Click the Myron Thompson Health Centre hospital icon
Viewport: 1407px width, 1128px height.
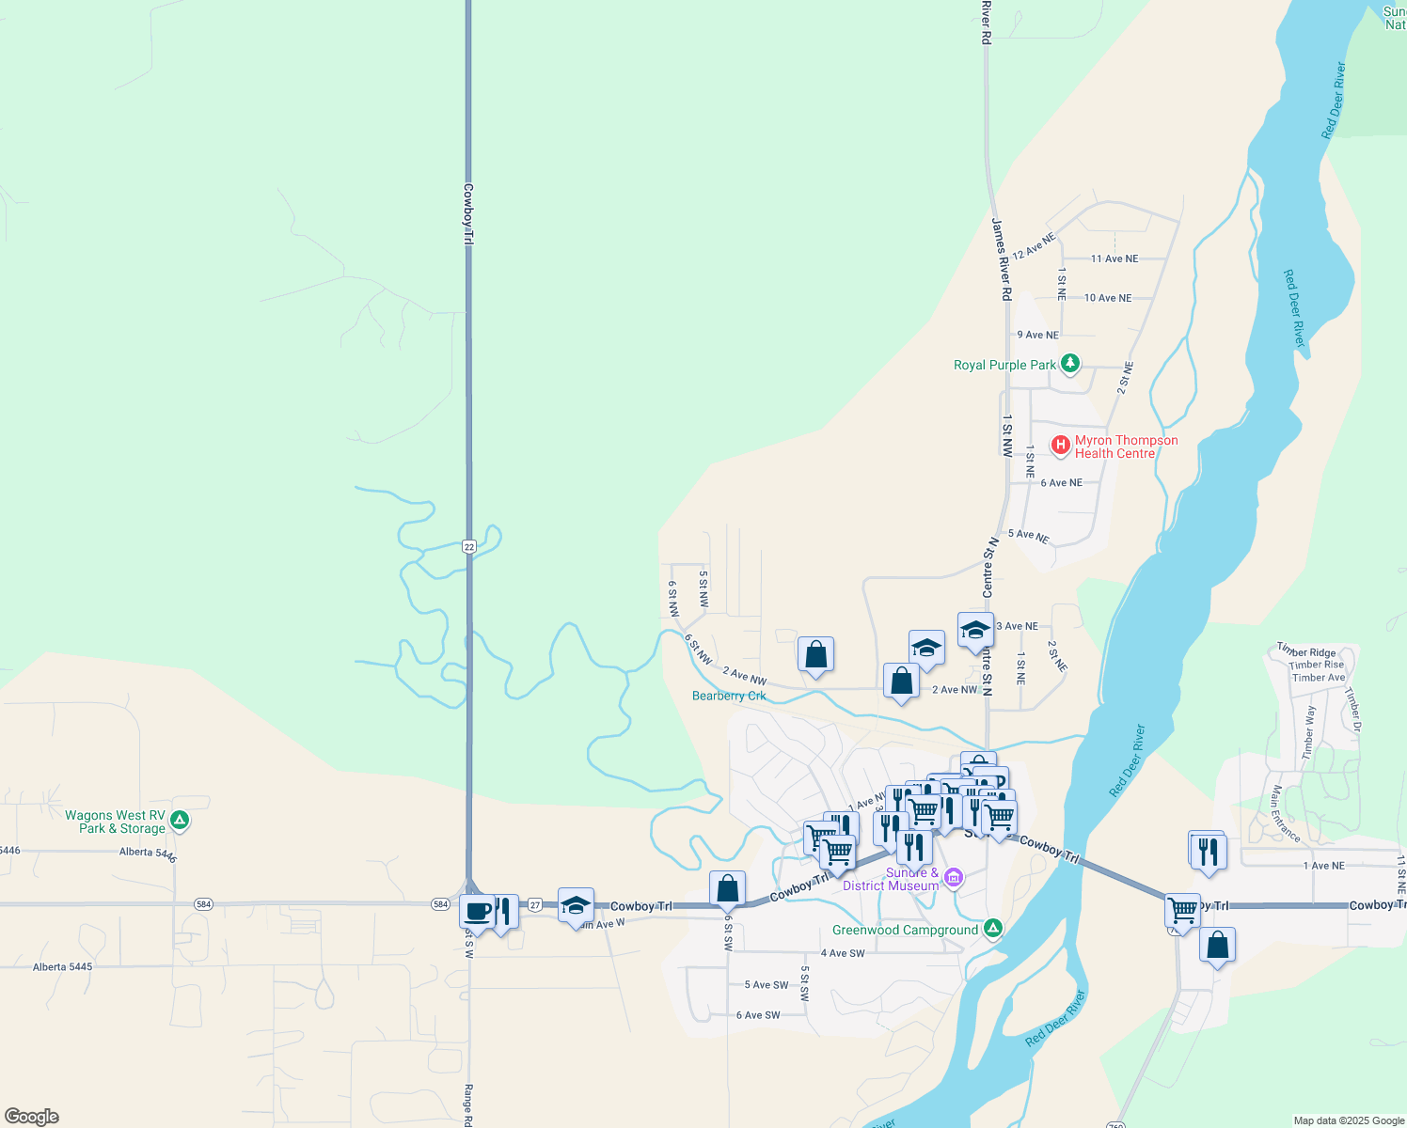tap(1061, 445)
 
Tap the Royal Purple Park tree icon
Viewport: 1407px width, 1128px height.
tap(1069, 364)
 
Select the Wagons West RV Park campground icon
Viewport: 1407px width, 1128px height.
tap(180, 821)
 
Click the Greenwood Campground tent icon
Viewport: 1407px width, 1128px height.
tap(992, 929)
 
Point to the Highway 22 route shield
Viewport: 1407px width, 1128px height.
tap(468, 546)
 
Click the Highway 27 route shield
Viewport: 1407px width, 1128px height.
tap(534, 904)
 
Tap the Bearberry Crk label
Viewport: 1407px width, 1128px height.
tap(729, 696)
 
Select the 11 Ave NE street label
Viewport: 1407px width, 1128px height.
tap(1115, 258)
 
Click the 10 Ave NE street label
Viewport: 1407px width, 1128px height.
tap(1108, 298)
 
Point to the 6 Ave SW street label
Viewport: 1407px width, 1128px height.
tap(758, 1015)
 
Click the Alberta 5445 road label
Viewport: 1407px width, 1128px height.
tap(62, 966)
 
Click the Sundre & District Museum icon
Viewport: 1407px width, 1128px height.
tap(954, 878)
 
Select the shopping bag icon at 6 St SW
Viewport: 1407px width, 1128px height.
tap(727, 887)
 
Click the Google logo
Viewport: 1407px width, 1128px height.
tap(32, 1117)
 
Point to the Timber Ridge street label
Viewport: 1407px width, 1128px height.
tap(1307, 651)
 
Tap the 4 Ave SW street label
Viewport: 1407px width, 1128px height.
tap(843, 953)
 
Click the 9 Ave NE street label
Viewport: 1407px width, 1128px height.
tap(1037, 335)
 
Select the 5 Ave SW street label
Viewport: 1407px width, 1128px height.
tap(767, 985)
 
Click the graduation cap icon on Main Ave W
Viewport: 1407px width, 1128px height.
tap(576, 905)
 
